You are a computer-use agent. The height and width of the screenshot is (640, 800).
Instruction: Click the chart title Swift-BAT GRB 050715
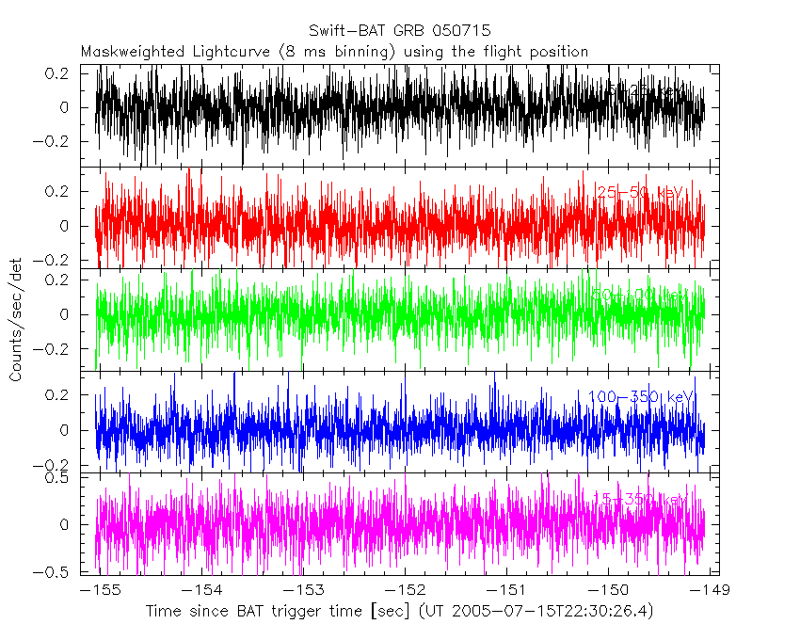coord(399,31)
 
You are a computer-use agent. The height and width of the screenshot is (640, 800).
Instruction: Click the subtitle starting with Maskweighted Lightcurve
coord(334,52)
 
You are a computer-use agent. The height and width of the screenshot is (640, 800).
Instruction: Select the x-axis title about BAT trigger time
coord(399,612)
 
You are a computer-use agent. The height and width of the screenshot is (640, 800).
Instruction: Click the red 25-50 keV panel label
coord(639,193)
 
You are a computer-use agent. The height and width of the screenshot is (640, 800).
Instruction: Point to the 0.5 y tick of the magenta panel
coord(62,477)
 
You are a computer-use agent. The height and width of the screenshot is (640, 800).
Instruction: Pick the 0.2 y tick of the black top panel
coord(62,73)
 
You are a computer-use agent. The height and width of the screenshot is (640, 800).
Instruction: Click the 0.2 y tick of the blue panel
coord(62,395)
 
